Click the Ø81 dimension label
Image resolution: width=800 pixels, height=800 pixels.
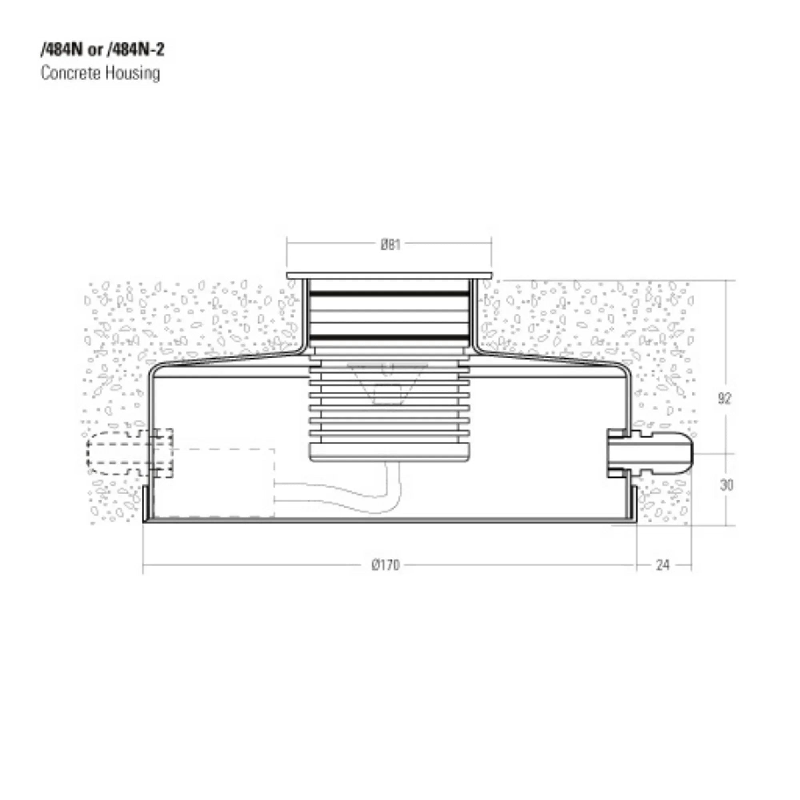[390, 245]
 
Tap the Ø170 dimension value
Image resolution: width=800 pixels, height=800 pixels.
[386, 565]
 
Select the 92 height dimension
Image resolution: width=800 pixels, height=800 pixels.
[725, 398]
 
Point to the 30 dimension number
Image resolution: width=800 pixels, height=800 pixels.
[726, 485]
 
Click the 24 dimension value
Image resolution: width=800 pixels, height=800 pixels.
[663, 565]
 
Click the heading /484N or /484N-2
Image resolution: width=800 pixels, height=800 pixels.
[102, 50]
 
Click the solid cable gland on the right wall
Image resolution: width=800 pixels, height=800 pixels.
[650, 454]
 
